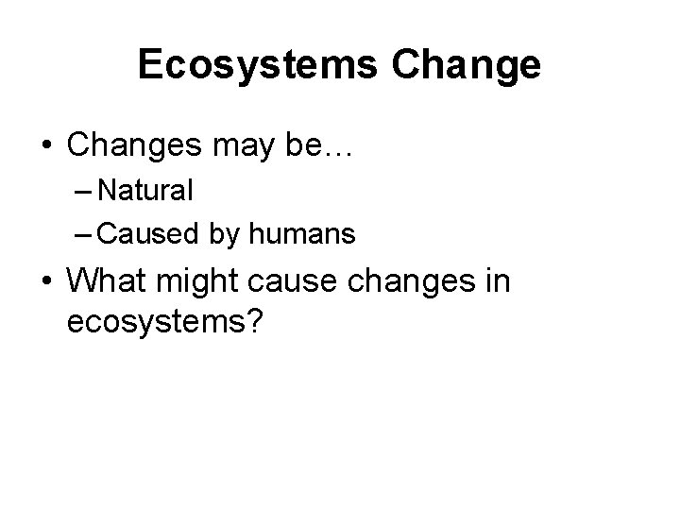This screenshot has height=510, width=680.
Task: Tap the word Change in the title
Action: (x=478, y=65)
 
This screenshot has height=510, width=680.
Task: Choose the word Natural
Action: (x=145, y=192)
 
